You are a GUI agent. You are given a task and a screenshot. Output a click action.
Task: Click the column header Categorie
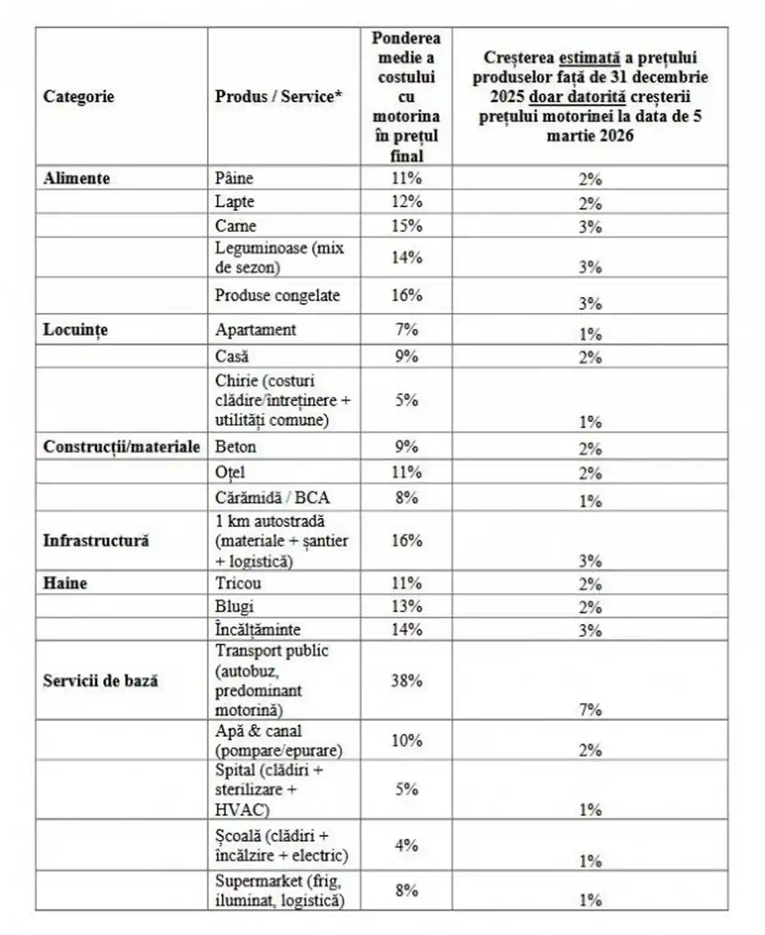coord(78,97)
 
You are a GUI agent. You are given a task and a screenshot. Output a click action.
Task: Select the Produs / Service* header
coord(279,97)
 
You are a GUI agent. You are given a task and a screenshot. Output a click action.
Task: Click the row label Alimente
coord(76,178)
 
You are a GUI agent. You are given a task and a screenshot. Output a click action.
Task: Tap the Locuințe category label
coord(75,330)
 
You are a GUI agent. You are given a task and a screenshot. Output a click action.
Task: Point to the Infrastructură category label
coord(96,540)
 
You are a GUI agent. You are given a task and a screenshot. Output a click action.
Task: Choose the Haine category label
coord(65,583)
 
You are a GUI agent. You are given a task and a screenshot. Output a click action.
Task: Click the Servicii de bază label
coord(100,680)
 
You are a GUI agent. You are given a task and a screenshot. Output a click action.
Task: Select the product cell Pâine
coord(234,178)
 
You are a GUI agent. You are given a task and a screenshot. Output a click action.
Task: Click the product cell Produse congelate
coord(277,295)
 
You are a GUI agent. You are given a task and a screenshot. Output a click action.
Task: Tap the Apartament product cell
coord(256,330)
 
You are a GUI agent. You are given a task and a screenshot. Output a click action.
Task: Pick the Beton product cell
coord(235,446)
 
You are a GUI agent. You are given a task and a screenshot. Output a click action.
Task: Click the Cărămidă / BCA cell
coord(272,497)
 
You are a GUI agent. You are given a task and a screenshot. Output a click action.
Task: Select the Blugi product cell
coord(234,606)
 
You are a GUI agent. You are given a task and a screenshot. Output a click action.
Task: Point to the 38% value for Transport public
coord(407,680)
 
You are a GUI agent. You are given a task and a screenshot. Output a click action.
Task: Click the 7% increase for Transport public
coord(590,709)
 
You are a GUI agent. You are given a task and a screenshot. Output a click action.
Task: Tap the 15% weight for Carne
coord(407,226)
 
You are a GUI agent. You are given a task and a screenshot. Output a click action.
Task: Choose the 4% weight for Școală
coord(407,845)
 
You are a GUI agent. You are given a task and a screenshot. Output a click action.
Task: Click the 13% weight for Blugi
coord(407,606)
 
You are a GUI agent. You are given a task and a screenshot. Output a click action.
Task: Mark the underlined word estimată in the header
coord(590,57)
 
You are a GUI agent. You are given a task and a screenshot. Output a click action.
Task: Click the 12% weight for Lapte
coord(407,201)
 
